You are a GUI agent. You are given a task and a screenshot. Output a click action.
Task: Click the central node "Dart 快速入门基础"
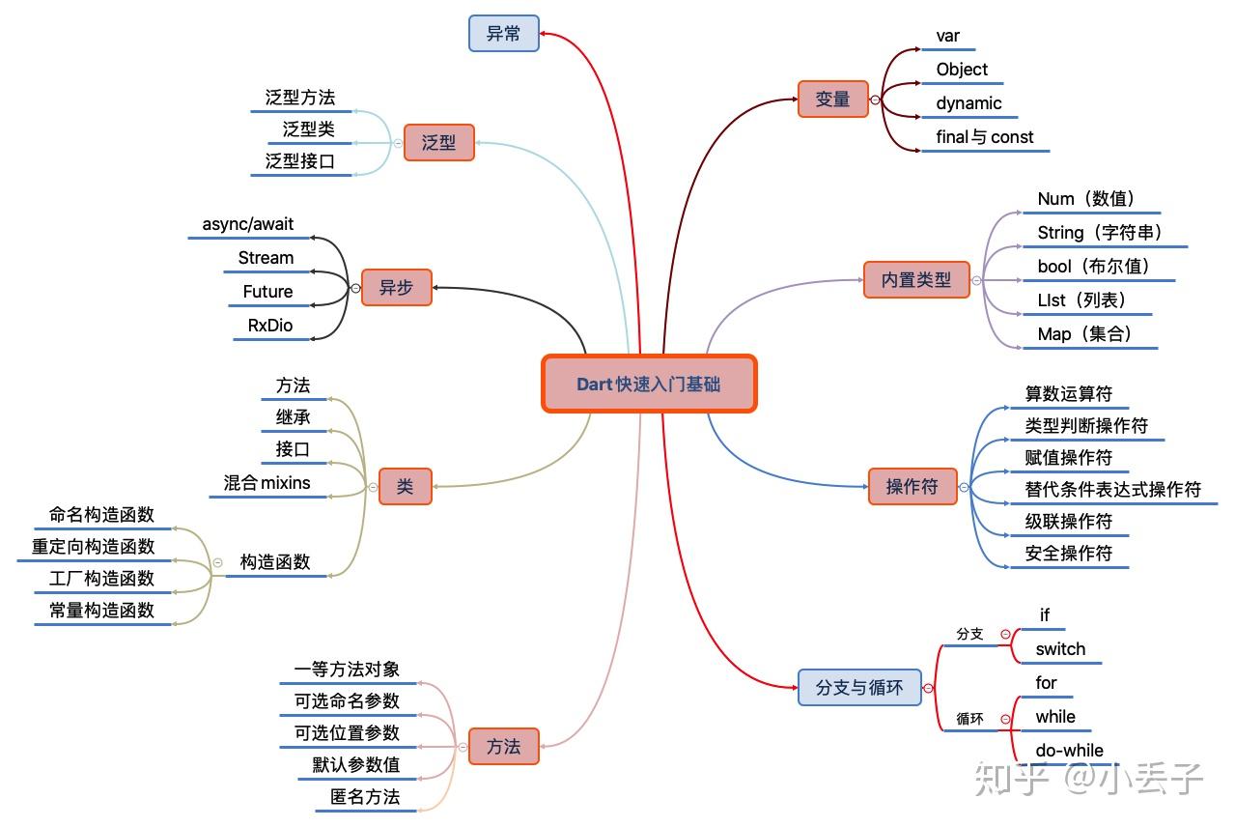point(648,384)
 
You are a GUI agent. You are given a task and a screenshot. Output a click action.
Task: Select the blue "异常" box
point(503,33)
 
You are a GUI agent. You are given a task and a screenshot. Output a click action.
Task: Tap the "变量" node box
point(832,99)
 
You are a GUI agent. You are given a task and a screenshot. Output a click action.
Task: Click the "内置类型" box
point(915,280)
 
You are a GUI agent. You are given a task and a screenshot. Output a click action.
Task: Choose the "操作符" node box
point(912,487)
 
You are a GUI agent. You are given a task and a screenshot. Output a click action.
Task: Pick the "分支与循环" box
point(859,688)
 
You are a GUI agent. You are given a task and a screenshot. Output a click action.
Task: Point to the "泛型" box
point(438,142)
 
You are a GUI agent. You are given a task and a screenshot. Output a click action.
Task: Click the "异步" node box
point(396,287)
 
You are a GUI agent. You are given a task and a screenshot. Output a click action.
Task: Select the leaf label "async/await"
point(248,224)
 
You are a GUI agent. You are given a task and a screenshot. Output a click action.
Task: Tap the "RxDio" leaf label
point(270,326)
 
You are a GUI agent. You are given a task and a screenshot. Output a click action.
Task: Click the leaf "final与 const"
point(984,137)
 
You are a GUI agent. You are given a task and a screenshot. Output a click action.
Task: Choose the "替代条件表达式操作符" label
point(1112,490)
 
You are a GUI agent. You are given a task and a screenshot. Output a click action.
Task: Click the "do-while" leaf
point(1069,751)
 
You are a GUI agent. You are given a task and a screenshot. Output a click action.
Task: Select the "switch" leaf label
point(1060,649)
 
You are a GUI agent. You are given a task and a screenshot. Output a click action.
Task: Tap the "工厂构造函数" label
point(101,579)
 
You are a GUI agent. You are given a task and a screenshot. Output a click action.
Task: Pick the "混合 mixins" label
point(267,483)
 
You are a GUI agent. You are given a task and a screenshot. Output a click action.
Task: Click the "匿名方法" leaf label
point(365,797)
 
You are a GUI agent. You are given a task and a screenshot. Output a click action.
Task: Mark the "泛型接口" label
point(300,161)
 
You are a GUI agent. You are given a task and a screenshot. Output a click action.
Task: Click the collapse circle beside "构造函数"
point(217,562)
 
